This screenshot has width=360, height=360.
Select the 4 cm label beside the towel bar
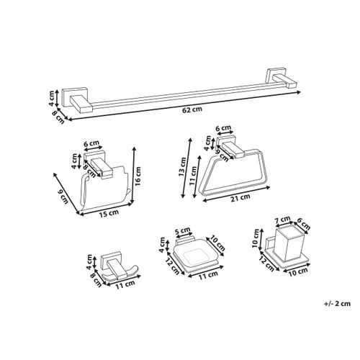click(52, 95)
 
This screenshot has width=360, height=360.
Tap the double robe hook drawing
click(115, 266)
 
